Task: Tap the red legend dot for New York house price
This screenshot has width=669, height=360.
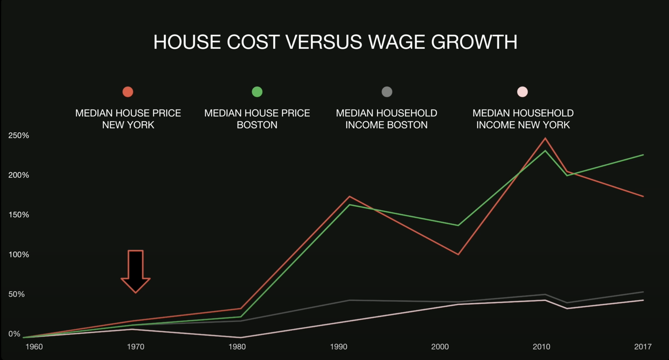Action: [x=128, y=92]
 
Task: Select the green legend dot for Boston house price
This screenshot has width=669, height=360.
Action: [x=257, y=92]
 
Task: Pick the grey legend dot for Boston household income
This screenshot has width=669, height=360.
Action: [x=387, y=92]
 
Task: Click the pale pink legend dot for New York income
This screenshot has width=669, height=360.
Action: [x=522, y=92]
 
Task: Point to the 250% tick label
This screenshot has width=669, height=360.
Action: [x=19, y=136]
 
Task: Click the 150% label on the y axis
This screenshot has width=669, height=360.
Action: [x=19, y=215]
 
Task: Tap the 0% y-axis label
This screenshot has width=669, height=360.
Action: [x=14, y=334]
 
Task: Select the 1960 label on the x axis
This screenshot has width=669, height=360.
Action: [x=34, y=347]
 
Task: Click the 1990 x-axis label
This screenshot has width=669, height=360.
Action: [x=339, y=347]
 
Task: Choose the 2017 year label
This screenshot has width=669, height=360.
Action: [x=643, y=347]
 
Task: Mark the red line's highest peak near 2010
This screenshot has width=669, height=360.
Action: [x=545, y=139]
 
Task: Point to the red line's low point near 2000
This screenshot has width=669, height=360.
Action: [x=458, y=254]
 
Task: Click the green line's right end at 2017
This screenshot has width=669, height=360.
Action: [x=643, y=155]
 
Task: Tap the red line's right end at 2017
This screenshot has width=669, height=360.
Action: [x=643, y=196]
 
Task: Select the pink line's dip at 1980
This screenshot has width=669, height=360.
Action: [x=241, y=338]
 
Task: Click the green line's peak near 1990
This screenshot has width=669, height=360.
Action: [x=349, y=205]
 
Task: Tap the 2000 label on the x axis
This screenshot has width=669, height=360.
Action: [x=440, y=347]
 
